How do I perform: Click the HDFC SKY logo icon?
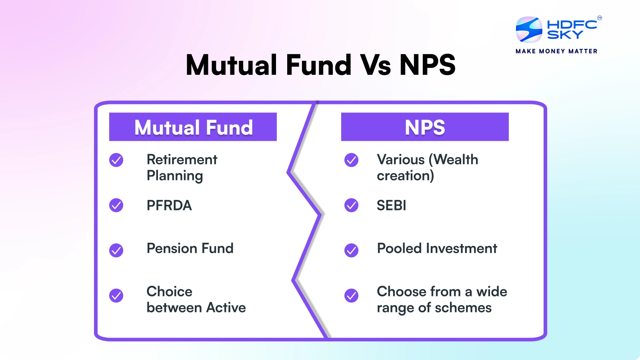point(529,30)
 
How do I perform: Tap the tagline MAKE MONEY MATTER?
point(556,51)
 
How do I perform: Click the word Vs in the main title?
point(376,65)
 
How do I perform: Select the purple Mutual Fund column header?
point(193,127)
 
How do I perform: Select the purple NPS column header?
point(424,127)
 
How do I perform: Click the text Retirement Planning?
point(182,168)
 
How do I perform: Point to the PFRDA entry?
point(169,206)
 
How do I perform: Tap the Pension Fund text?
point(190,248)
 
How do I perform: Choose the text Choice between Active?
point(196,300)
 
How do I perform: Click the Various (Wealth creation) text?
point(427,168)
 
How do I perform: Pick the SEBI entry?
point(391,206)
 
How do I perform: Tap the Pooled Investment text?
point(437,248)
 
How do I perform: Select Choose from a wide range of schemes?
point(442,300)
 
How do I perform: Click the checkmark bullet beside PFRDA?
point(116,205)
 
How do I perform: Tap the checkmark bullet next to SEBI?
point(352,205)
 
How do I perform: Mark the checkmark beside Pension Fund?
point(116,250)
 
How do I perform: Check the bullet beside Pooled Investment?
point(352,250)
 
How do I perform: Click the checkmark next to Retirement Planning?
point(116,160)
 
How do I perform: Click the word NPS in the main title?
point(428,65)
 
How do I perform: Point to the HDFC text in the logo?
point(572,25)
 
